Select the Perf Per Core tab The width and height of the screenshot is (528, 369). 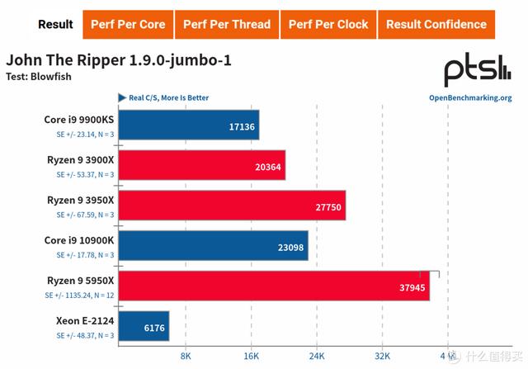click(x=129, y=24)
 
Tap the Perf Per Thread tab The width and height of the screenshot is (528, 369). click(x=226, y=24)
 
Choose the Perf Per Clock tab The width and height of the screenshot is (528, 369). click(x=328, y=24)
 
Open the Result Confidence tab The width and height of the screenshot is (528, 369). click(x=436, y=24)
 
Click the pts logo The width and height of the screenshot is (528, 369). click(x=478, y=71)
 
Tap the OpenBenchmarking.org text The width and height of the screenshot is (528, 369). click(x=470, y=97)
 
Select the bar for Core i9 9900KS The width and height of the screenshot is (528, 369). click(x=189, y=125)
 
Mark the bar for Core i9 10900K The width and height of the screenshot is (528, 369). click(x=214, y=245)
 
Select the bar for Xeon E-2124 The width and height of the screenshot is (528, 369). click(x=144, y=326)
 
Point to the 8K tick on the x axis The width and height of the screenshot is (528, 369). click(x=185, y=356)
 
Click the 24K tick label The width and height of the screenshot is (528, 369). click(x=316, y=356)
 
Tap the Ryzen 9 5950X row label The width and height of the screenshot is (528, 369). click(x=80, y=279)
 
